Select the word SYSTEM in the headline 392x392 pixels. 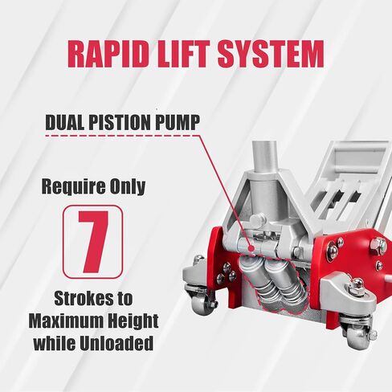(271, 55)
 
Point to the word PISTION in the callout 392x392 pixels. (120, 122)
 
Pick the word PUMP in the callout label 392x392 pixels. (178, 122)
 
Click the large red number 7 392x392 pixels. (93, 242)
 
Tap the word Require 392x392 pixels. (71, 186)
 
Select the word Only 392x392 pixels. (126, 186)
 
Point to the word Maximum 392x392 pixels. (63, 321)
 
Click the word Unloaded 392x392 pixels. (116, 343)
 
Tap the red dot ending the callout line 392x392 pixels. (251, 248)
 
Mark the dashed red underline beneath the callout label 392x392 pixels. (123, 136)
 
